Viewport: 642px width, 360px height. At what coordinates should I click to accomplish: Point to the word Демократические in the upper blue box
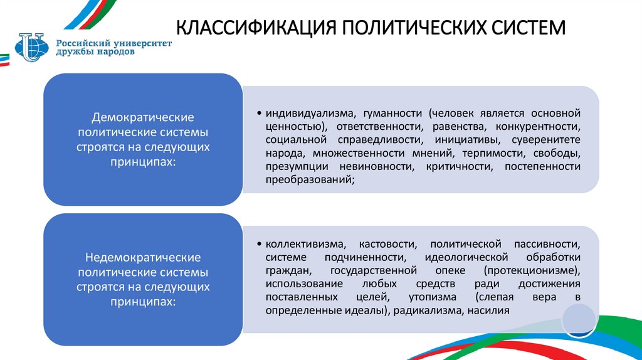tap(143, 118)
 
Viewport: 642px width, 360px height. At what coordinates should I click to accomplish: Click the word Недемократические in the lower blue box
tap(143, 258)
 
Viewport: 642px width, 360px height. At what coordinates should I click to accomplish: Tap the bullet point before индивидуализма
tap(259, 114)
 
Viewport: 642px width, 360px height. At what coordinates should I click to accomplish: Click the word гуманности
tap(382, 114)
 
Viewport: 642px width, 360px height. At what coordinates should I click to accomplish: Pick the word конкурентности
tap(542, 127)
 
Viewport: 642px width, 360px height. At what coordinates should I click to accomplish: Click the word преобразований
tap(309, 179)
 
